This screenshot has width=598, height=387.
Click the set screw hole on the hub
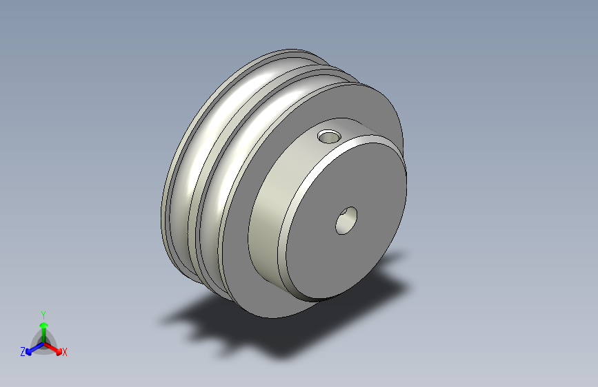coord(329,136)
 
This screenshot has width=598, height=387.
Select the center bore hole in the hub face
coord(346,220)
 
